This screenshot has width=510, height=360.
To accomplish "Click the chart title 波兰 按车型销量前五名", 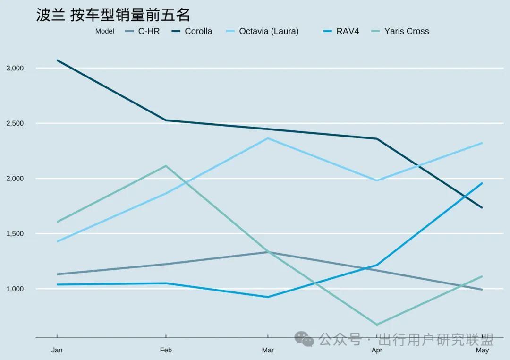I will point(113,15).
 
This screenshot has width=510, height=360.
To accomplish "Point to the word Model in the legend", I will point(104,32).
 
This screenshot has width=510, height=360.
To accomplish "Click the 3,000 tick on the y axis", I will point(15,68).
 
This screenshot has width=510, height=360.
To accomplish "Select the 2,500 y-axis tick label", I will point(15,123).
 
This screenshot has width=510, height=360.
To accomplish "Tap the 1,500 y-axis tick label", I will point(15,234).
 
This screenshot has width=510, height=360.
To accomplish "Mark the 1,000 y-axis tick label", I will point(15,289).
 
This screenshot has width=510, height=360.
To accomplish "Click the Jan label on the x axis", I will point(57,351).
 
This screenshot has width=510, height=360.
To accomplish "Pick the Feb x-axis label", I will point(166,351).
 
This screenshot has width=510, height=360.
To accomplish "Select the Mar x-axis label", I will point(268,351).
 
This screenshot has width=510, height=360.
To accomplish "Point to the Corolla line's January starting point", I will point(57,60).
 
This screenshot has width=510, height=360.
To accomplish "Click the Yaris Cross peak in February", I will point(166,166).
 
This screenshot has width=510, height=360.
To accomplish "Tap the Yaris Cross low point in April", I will point(377,325).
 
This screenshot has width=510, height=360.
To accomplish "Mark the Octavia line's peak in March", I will point(268,138).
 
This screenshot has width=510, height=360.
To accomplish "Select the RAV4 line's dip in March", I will point(268,297).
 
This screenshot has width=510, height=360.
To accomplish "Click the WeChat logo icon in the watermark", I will point(304,339).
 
